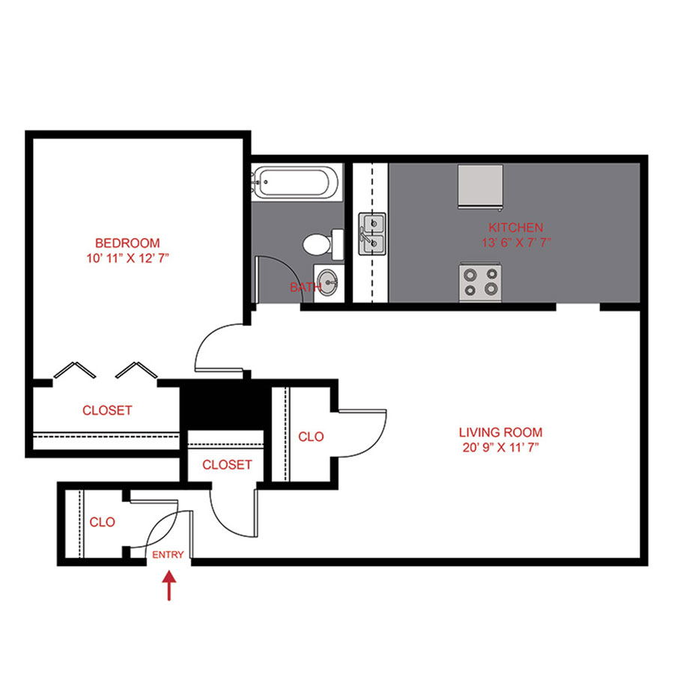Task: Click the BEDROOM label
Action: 127,243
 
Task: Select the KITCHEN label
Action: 515,227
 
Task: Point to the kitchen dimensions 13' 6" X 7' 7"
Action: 515,243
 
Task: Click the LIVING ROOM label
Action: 500,432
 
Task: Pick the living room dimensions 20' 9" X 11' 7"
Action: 500,448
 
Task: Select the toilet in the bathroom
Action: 321,243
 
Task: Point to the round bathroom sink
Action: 327,282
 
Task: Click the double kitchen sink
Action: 371,234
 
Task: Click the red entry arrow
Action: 169,586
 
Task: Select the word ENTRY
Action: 167,555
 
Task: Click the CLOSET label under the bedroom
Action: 107,410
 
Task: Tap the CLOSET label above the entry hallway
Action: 227,465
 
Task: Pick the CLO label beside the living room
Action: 311,437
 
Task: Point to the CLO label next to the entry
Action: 102,522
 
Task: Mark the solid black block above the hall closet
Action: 222,407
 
